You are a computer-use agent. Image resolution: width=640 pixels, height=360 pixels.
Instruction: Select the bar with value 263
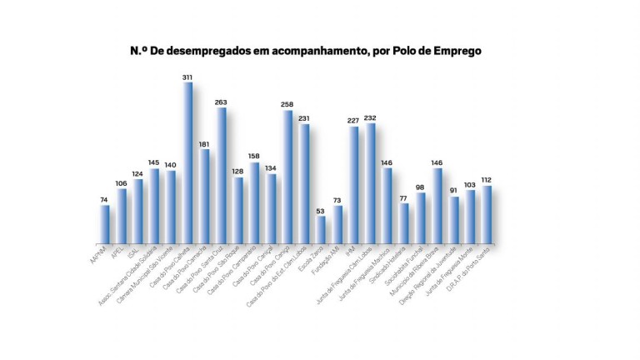[222, 175]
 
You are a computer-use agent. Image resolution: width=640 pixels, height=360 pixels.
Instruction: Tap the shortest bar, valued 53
[322, 229]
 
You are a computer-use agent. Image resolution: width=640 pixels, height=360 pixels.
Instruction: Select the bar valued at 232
[371, 182]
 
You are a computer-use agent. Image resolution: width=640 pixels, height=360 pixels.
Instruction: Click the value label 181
[204, 143]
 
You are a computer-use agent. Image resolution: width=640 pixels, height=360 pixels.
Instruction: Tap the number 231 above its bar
[304, 118]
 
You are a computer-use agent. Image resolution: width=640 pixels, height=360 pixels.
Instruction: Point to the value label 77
[404, 198]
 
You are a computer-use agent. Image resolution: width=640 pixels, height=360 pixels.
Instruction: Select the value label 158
[254, 156]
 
